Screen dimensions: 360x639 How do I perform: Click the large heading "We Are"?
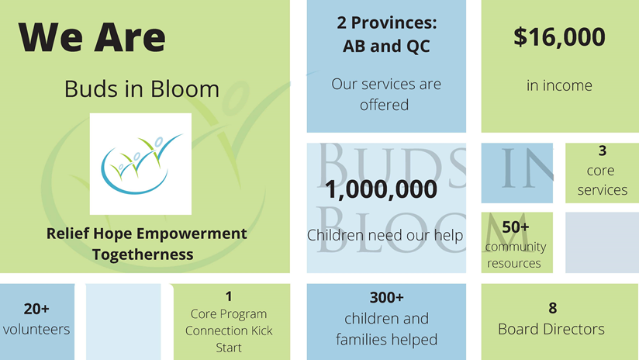pyautogui.click(x=92, y=37)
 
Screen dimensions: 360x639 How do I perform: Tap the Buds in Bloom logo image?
pyautogui.click(x=140, y=164)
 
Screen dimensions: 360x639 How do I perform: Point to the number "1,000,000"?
pyautogui.click(x=382, y=189)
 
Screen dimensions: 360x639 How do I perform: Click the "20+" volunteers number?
pyautogui.click(x=36, y=308)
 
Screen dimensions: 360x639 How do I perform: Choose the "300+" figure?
pyautogui.click(x=386, y=297)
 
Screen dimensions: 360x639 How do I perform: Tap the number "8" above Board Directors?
pyautogui.click(x=552, y=308)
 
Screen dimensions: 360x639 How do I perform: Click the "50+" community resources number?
pyautogui.click(x=516, y=227)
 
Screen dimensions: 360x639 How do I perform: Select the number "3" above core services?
pyautogui.click(x=602, y=151)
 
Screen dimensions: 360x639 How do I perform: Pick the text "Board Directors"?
pyautogui.click(x=551, y=329)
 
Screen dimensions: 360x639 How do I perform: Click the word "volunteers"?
pyautogui.click(x=36, y=329)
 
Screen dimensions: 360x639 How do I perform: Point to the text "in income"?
pyautogui.click(x=559, y=85)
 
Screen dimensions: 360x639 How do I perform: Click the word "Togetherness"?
pyautogui.click(x=143, y=254)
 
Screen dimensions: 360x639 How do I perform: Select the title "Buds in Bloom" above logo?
pyautogui.click(x=142, y=89)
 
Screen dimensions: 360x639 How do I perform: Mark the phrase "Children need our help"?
pyautogui.click(x=385, y=235)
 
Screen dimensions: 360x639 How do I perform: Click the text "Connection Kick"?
pyautogui.click(x=229, y=331)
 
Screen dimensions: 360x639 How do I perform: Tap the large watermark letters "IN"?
pyautogui.click(x=527, y=170)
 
